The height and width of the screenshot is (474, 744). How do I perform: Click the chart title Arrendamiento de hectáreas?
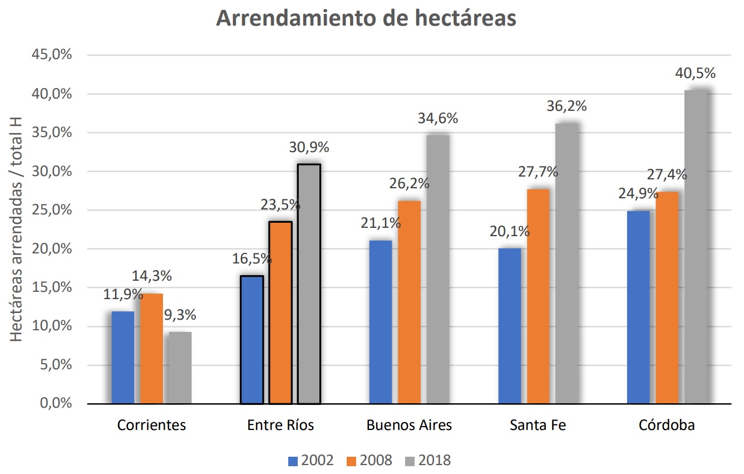pos(366,18)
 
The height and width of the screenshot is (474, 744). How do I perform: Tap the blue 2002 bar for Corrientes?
pos(123,357)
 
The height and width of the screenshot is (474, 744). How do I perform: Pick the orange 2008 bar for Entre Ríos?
pos(280,312)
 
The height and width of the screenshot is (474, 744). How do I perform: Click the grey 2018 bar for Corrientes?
pos(180,368)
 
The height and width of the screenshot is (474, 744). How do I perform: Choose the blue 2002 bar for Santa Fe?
pos(510,326)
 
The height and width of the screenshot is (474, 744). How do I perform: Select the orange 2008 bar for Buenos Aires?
pos(410,302)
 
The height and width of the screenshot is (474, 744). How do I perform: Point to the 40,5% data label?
pos(695,74)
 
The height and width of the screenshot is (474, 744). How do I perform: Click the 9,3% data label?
pos(180,315)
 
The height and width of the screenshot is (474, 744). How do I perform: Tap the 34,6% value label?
pos(437,119)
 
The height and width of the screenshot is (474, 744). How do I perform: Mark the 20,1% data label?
pos(510,232)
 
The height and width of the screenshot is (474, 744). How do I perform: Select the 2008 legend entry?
pos(369,461)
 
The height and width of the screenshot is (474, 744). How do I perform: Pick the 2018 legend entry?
pos(427,461)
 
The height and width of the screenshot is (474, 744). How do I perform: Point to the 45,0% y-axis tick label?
pos(53,55)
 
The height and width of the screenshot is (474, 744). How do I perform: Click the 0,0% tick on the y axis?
pos(57,403)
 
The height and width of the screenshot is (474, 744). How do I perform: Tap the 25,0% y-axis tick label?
pos(53,210)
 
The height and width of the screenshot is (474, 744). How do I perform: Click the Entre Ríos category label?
pos(280,426)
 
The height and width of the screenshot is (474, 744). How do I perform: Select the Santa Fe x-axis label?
pos(538,426)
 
